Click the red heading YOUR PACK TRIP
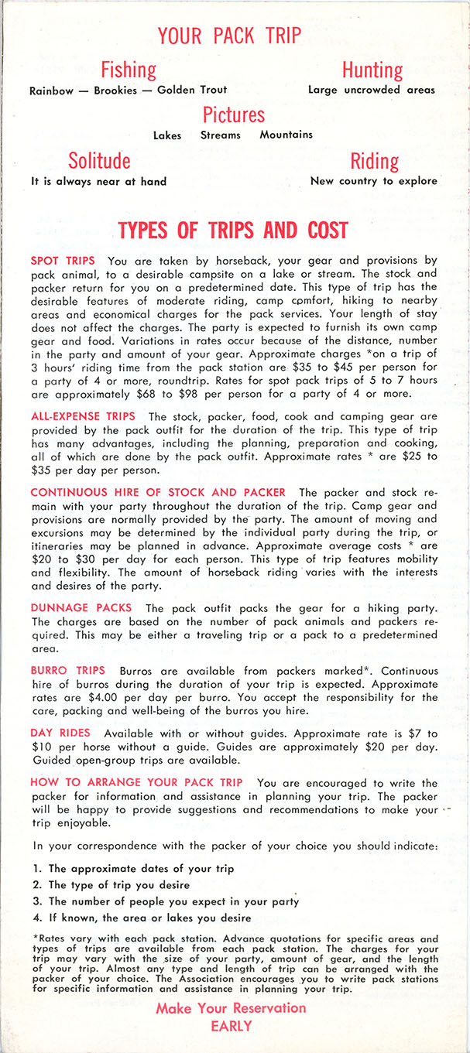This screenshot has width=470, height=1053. point(229,36)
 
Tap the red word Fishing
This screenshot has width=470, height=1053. point(129,70)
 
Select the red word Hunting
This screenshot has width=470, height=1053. point(372,70)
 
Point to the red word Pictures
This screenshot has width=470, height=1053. point(234,115)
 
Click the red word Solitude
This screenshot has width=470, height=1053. point(99,161)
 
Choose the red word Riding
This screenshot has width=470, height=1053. point(375,161)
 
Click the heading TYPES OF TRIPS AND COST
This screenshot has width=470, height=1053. point(233,231)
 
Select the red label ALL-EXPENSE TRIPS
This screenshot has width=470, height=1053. point(83,416)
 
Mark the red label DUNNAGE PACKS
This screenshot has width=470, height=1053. point(81,609)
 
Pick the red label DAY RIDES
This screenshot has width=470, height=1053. point(60,732)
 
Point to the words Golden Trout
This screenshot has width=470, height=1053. point(192,90)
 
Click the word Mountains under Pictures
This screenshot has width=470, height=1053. point(286,135)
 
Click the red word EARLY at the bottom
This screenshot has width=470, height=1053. point(231,1027)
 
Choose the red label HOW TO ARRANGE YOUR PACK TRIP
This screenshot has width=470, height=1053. point(136,782)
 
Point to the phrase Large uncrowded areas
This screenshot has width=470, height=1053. point(372,90)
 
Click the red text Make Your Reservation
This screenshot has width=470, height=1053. point(231,1008)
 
